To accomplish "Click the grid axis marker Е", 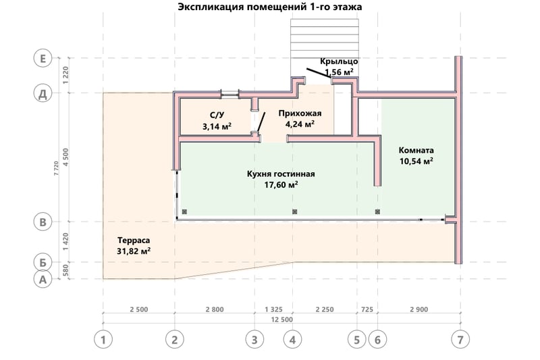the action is tap(43, 58).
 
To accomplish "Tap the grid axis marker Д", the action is tap(43, 93).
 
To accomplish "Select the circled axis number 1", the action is tap(103, 340).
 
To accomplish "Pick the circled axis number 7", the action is tap(460, 340).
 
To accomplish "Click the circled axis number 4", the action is tap(293, 340).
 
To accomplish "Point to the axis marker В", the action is tap(43, 222).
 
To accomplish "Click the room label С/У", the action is tap(217, 115).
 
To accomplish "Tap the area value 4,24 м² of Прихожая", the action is tap(300, 124).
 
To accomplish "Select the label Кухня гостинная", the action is tap(281, 174).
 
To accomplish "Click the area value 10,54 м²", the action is tap(416, 161).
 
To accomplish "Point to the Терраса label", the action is tap(134, 240).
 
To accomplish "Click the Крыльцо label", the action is tap(339, 61).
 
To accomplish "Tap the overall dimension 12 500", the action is tap(281, 319).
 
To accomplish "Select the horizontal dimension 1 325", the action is tap(273, 309).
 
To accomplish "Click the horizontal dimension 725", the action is tap(367, 309).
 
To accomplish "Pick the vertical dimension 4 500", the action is tap(65, 157).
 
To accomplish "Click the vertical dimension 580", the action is tap(65, 271).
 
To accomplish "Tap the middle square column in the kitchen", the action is tap(294, 211).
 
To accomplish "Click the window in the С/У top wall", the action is tap(230, 93).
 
